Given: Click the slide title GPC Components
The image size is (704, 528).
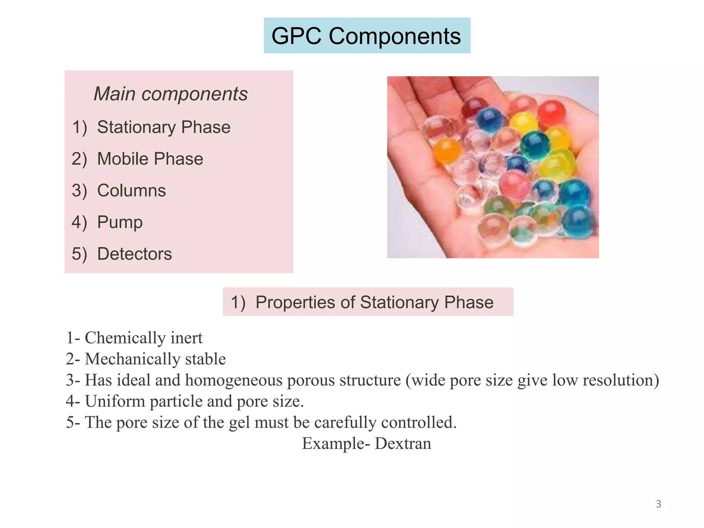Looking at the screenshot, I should point(366,36).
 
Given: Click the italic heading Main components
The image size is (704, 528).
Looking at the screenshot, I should point(170,94).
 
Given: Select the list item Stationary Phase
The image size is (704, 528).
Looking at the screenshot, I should point(164,127).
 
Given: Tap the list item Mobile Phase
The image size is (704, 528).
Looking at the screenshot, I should point(150,159).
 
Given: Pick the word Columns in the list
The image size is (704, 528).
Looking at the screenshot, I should point(131,190).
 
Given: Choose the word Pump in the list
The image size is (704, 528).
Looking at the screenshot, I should point(120,222).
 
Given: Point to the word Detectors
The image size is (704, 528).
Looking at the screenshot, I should point(134,254).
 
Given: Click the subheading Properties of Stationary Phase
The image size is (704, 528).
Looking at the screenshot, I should point(374,302).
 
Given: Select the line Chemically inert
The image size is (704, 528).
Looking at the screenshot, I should point(143,338).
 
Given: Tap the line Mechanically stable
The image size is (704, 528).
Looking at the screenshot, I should point(155,359).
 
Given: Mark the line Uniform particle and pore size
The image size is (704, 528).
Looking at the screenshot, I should point(194,401).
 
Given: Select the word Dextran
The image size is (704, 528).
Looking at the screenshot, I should point(403,443).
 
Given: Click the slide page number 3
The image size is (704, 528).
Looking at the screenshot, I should point(658,504).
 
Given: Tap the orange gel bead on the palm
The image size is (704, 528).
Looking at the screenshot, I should point(447,150).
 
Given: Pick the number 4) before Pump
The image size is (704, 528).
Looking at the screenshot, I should point(79,222).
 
